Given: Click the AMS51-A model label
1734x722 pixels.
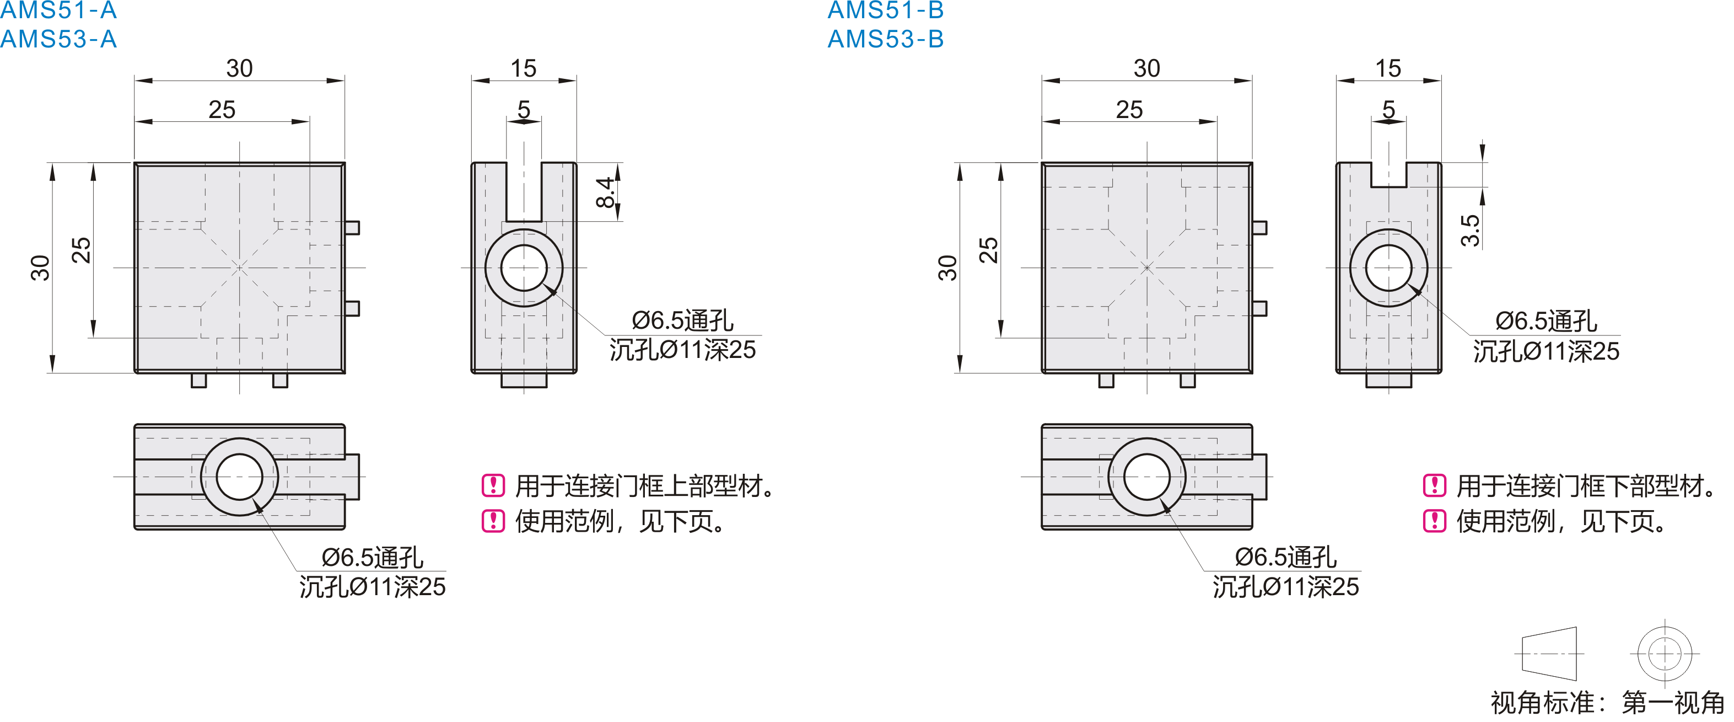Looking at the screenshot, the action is coord(58,10).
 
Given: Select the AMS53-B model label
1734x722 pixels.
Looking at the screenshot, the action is coord(886,39).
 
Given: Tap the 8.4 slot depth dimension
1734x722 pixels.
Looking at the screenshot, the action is coord(606,192).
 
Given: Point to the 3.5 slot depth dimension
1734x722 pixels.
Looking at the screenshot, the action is coord(1470,231).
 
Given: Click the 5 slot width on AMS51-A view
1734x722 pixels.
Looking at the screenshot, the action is coord(524,109).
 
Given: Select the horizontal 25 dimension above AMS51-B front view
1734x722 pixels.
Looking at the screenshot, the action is coord(1129,109).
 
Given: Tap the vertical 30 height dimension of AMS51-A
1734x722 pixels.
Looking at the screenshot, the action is coord(40,268).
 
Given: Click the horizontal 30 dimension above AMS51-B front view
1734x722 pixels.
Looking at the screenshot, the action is coord(1146,68).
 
